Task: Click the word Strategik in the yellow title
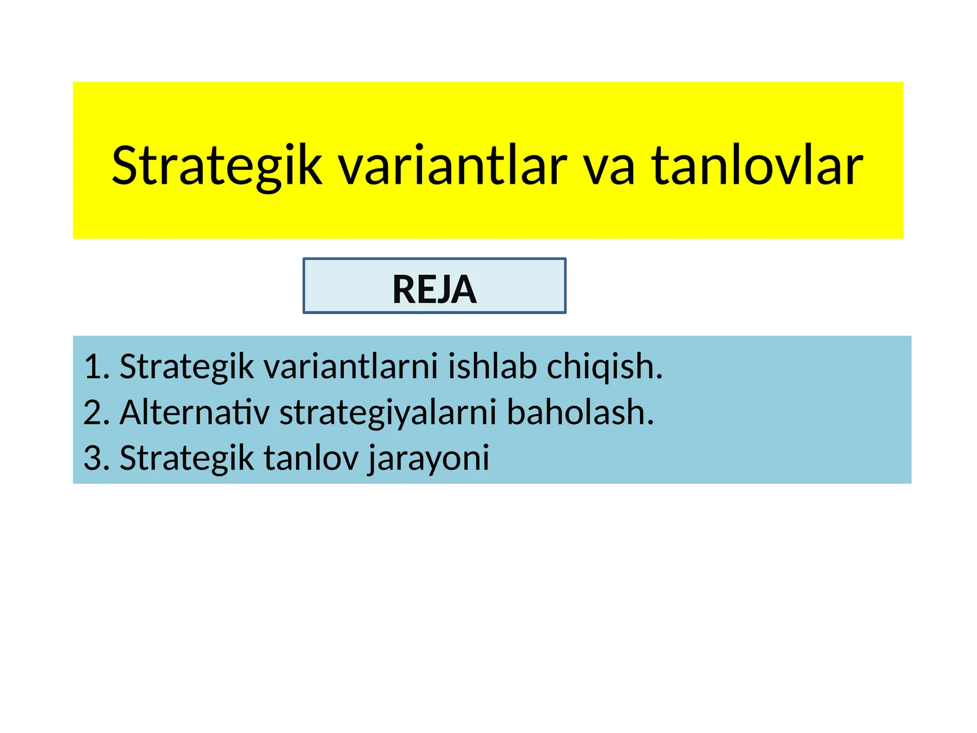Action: (217, 166)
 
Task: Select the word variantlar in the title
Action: (453, 166)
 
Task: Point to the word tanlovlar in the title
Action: (757, 166)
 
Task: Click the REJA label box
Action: (434, 286)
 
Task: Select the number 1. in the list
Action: (96, 367)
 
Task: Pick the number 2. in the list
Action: (96, 413)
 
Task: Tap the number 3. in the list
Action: (96, 458)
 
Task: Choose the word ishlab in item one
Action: (492, 367)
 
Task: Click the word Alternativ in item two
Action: (194, 413)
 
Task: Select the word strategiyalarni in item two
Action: (388, 413)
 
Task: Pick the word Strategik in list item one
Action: (186, 367)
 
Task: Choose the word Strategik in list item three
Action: (186, 458)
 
